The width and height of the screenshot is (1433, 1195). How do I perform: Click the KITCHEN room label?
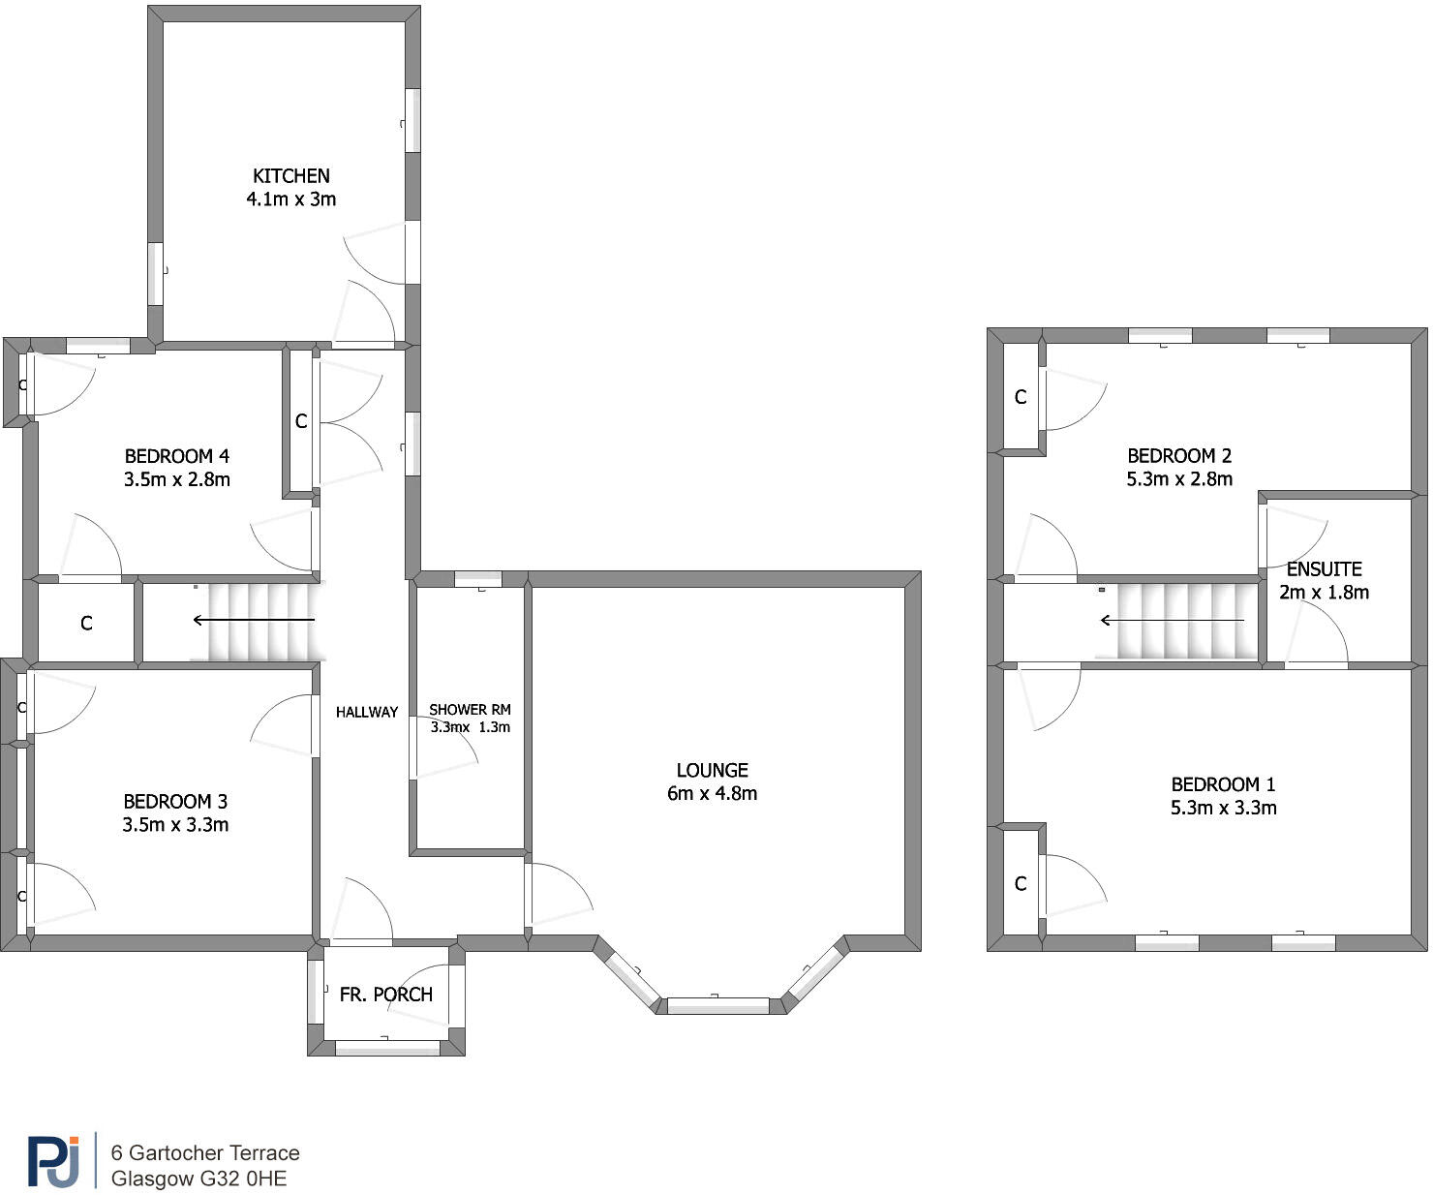(x=290, y=176)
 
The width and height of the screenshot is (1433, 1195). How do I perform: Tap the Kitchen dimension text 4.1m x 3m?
(x=290, y=199)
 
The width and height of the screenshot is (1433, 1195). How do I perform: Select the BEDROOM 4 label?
(x=176, y=456)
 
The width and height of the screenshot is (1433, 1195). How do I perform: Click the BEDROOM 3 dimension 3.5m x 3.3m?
(x=175, y=825)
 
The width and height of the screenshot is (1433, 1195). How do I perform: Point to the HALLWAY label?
(x=366, y=712)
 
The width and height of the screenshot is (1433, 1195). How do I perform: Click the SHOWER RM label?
(x=470, y=710)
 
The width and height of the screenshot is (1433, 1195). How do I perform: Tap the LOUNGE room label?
(x=712, y=771)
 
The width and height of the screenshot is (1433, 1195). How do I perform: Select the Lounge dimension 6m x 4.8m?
(x=712, y=794)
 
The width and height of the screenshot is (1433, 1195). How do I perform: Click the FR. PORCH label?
(x=385, y=995)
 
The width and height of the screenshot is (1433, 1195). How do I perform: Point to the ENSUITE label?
(x=1324, y=569)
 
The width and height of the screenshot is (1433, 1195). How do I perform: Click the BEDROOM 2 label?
(x=1178, y=456)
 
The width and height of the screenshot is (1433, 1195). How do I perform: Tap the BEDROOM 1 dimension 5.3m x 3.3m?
(x=1223, y=808)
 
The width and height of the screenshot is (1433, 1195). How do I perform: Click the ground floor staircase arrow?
(x=254, y=620)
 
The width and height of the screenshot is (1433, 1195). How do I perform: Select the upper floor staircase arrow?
(x=1172, y=620)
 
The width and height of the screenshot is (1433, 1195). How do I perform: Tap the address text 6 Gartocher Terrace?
(x=205, y=1152)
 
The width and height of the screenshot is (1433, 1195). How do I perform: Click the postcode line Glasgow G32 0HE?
(x=198, y=1179)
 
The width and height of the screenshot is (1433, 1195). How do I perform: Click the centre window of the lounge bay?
(x=717, y=1005)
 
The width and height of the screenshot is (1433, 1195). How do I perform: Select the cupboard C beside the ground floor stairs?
(x=86, y=624)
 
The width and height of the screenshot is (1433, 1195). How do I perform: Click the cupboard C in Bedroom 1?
(x=1020, y=883)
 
